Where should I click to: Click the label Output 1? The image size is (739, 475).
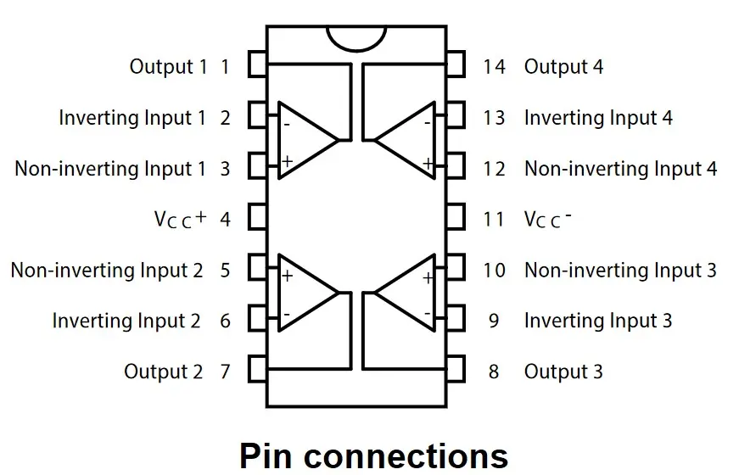pyautogui.click(x=167, y=66)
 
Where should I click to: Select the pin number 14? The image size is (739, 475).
pyautogui.click(x=494, y=66)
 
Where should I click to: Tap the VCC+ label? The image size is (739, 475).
pyautogui.click(x=180, y=219)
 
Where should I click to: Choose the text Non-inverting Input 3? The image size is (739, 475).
pyautogui.click(x=620, y=271)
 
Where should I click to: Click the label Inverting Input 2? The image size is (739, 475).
pyautogui.click(x=126, y=321)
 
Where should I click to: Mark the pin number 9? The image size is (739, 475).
pyautogui.click(x=494, y=321)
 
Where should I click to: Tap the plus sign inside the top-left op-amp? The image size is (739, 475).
pyautogui.click(x=287, y=160)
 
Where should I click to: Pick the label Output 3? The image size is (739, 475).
pyautogui.click(x=563, y=372)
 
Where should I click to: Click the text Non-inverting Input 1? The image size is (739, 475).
pyautogui.click(x=110, y=169)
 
